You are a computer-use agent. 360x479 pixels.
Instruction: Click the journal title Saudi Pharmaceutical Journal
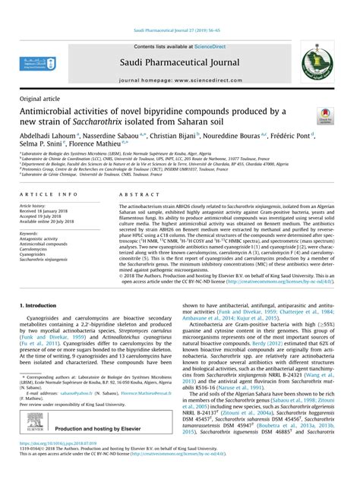click(x=179, y=61)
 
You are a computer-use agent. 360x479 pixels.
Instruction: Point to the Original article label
click(x=42, y=99)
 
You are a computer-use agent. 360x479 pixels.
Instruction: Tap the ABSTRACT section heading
click(x=135, y=195)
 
